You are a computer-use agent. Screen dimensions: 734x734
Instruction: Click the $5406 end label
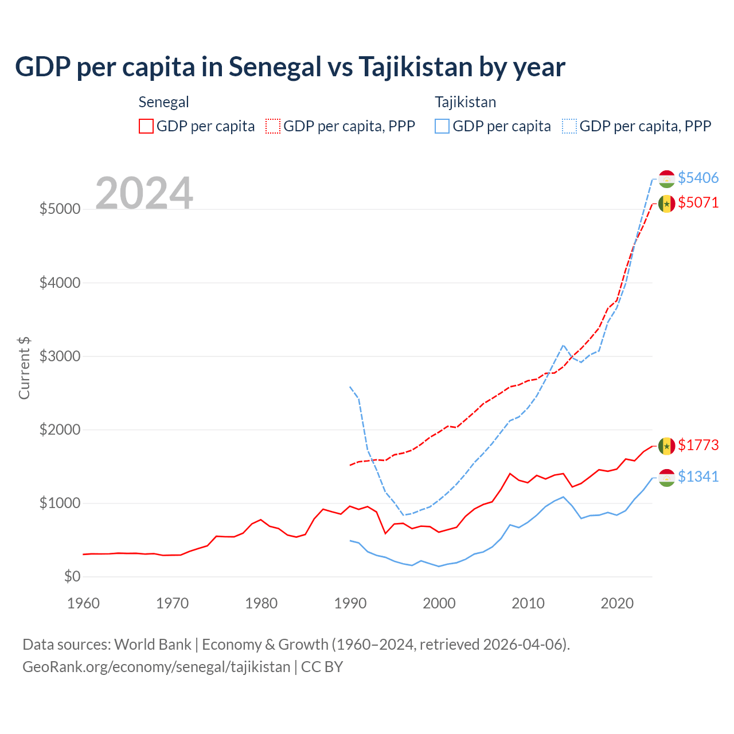[698, 178]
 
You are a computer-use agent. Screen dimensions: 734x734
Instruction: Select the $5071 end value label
[698, 202]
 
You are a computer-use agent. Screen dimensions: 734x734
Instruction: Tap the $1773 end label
[698, 445]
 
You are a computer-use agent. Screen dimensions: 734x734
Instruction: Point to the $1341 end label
[698, 477]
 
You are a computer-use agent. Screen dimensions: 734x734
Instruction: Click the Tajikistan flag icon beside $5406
[666, 178]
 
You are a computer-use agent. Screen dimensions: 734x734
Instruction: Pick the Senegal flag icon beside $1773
[666, 446]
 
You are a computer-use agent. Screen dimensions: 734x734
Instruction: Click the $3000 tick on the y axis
[60, 356]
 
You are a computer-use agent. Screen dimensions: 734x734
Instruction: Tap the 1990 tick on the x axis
[350, 603]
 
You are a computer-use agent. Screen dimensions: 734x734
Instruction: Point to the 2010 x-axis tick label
[528, 603]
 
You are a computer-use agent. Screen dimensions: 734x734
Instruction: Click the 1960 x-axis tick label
[84, 603]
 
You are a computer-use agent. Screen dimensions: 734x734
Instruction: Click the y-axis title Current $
[24, 368]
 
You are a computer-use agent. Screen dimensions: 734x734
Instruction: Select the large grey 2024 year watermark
[144, 193]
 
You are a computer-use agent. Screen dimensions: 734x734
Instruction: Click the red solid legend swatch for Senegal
[146, 126]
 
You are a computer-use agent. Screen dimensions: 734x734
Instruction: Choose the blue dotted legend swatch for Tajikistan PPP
[569, 126]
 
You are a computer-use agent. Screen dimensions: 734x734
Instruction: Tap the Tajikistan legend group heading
[465, 102]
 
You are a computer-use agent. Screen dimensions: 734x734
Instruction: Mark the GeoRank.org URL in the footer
[156, 667]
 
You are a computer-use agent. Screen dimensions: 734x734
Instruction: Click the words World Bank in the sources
[153, 645]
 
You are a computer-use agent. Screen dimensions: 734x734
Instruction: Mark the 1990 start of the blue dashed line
[350, 386]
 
